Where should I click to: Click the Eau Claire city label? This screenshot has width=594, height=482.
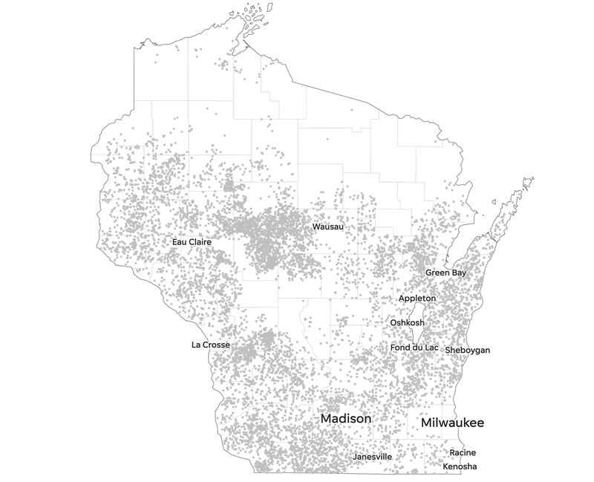click(x=192, y=242)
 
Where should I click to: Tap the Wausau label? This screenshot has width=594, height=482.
click(x=328, y=227)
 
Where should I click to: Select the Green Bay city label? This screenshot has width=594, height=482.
click(x=446, y=273)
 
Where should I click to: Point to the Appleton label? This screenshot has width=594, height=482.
click(x=417, y=298)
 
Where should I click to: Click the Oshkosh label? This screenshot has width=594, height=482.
click(x=408, y=323)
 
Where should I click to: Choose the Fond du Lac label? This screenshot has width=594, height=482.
click(x=414, y=348)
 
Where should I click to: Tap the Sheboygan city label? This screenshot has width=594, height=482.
click(x=468, y=350)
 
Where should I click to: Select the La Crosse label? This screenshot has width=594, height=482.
click(x=210, y=345)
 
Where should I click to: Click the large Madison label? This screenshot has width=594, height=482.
click(x=345, y=420)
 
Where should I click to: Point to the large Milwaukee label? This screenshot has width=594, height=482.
click(x=452, y=423)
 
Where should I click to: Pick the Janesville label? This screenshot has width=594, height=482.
click(x=372, y=457)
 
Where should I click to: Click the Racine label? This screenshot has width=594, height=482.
click(x=463, y=453)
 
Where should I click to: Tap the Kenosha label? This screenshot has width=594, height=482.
click(x=460, y=467)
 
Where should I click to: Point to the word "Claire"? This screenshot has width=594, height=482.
click(x=200, y=242)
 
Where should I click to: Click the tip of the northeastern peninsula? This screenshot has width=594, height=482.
click(x=529, y=180)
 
